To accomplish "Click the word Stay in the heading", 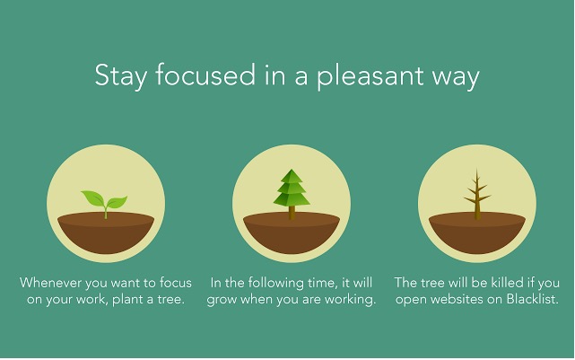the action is click(x=120, y=75).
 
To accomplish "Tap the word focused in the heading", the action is click(x=205, y=75).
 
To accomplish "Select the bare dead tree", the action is click(x=476, y=195).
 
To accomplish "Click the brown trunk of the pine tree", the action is click(x=292, y=213).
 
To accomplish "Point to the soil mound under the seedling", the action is click(x=106, y=233).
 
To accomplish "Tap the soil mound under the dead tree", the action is click(x=477, y=233).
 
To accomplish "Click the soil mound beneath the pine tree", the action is click(x=292, y=233).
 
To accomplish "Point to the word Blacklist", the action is click(x=532, y=299).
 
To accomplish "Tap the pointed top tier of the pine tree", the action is click(x=292, y=176).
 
